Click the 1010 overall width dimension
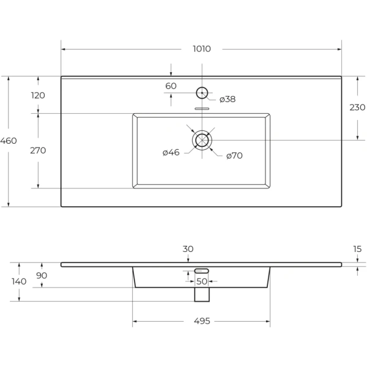click(x=202, y=49)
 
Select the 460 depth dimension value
click(x=9, y=141)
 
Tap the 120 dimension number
click(x=38, y=95)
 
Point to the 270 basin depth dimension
click(x=38, y=150)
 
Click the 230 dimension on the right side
click(x=357, y=108)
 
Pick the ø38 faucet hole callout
click(x=228, y=99)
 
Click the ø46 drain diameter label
click(x=171, y=152)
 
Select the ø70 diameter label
click(x=234, y=155)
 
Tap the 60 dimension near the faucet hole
click(x=171, y=86)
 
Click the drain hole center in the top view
click(x=202, y=141)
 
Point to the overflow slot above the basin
click(x=202, y=109)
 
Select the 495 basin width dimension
click(x=202, y=321)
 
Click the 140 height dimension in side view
click(x=19, y=281)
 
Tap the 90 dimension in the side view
click(x=42, y=275)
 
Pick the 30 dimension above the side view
click(x=188, y=249)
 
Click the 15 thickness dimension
click(x=357, y=249)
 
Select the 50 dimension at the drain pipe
click(x=202, y=281)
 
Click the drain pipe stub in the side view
click(x=202, y=294)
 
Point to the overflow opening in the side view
click(x=201, y=271)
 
